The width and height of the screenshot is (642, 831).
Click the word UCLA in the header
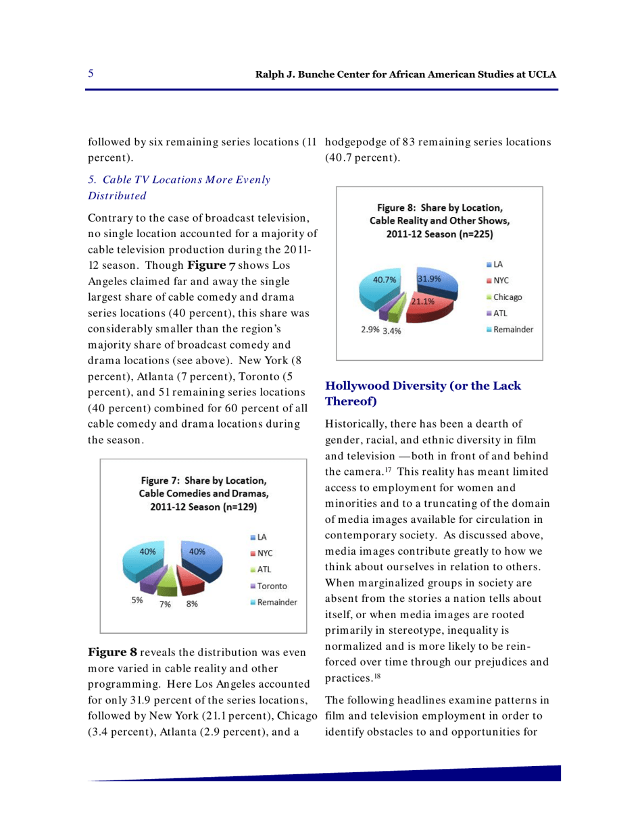[x=541, y=74]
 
